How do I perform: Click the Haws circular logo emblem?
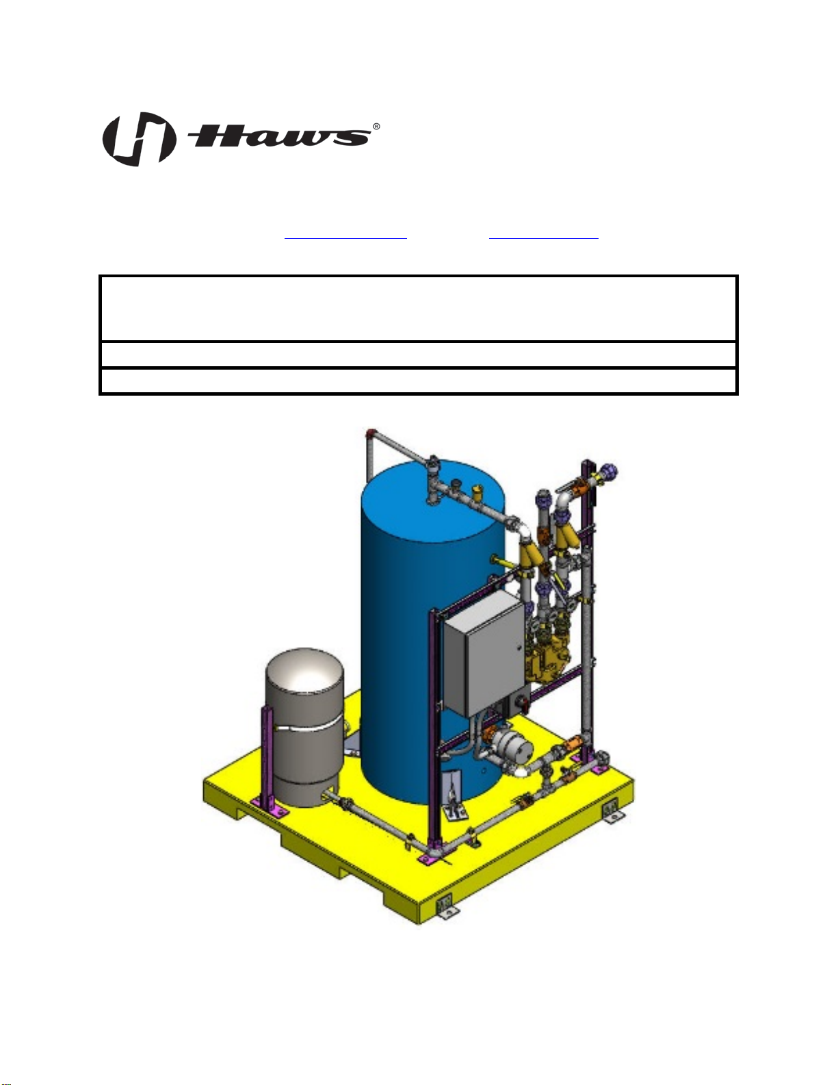pyautogui.click(x=139, y=139)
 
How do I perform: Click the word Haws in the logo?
pyautogui.click(x=279, y=136)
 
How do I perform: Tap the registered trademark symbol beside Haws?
pyautogui.click(x=376, y=127)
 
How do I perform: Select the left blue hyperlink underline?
pyautogui.click(x=345, y=239)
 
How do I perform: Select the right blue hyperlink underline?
pyautogui.click(x=543, y=239)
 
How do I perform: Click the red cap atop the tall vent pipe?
pyautogui.click(x=370, y=432)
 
